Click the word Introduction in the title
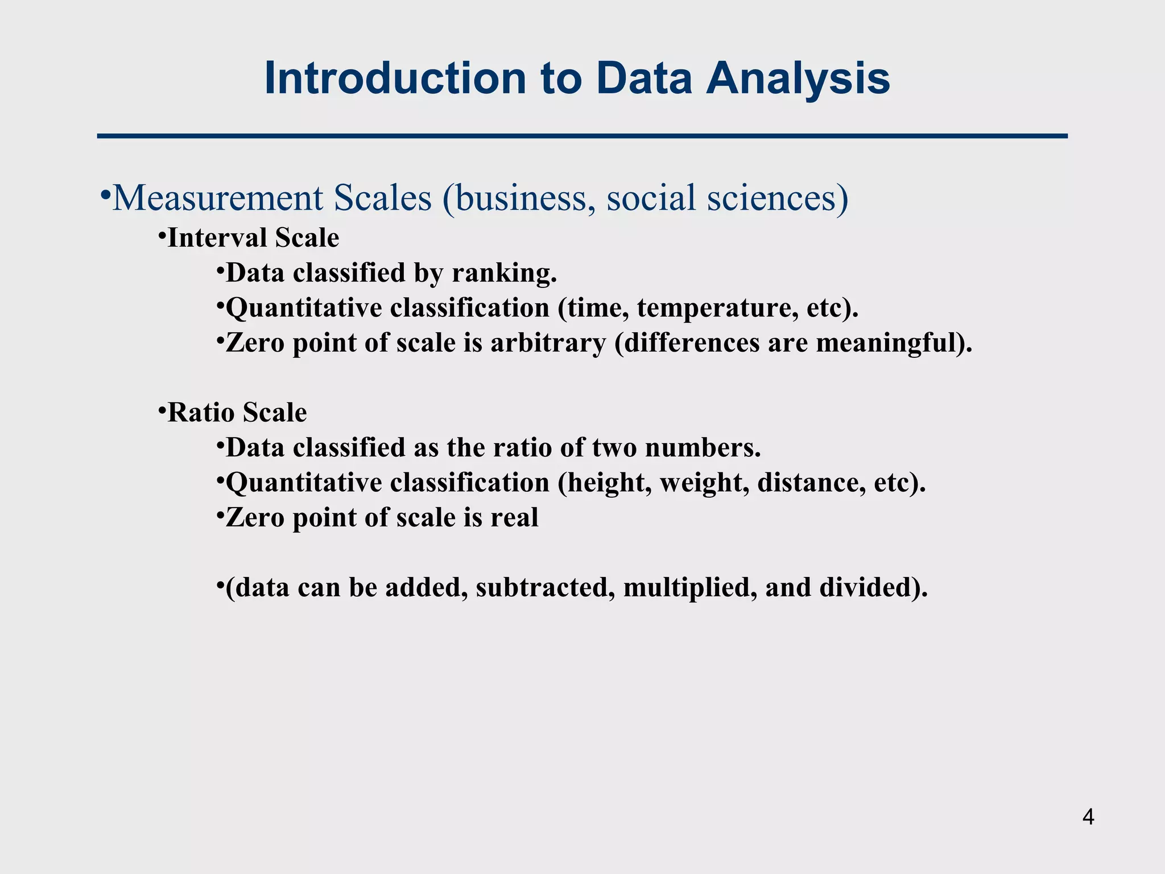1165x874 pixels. (395, 79)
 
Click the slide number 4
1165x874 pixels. (1088, 818)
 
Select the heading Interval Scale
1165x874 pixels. (253, 238)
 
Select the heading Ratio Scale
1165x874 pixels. (237, 413)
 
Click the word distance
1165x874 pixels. (812, 483)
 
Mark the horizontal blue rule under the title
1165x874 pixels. (582, 136)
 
